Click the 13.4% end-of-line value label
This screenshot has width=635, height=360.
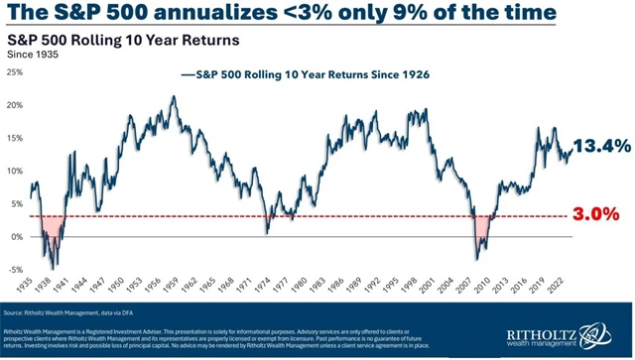(x=602, y=146)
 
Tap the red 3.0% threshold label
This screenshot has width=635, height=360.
(x=600, y=214)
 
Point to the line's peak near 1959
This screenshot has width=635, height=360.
(x=175, y=97)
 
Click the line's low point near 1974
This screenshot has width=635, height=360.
(x=266, y=232)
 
